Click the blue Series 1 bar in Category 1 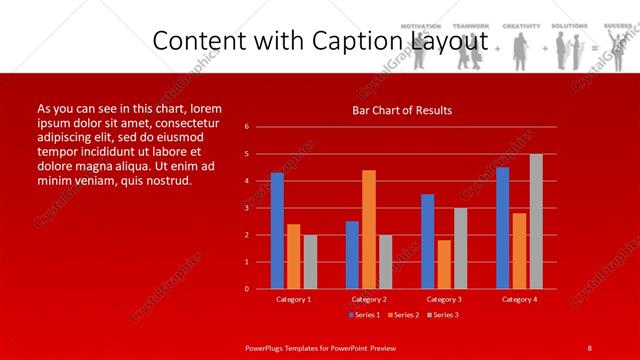277,231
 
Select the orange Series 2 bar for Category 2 369,229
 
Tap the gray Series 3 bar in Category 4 536,221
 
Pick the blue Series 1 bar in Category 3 428,241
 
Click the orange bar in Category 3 444,264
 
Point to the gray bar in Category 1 310,262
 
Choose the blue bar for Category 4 502,228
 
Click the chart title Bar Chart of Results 402,110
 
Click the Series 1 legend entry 365,315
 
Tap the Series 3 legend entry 442,315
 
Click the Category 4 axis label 519,299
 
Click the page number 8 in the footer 590,347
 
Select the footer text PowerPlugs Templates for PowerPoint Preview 320,347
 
